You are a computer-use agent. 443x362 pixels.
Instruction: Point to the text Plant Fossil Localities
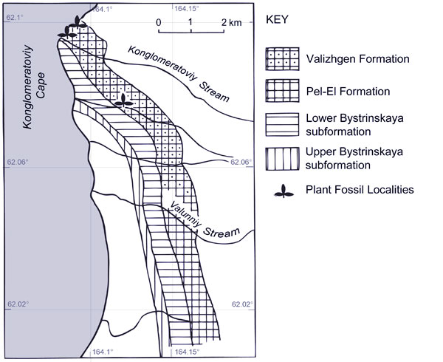click(x=360, y=190)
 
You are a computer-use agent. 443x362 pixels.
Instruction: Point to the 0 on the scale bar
click(x=158, y=22)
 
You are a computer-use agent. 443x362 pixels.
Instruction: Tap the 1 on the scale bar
click(x=190, y=22)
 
